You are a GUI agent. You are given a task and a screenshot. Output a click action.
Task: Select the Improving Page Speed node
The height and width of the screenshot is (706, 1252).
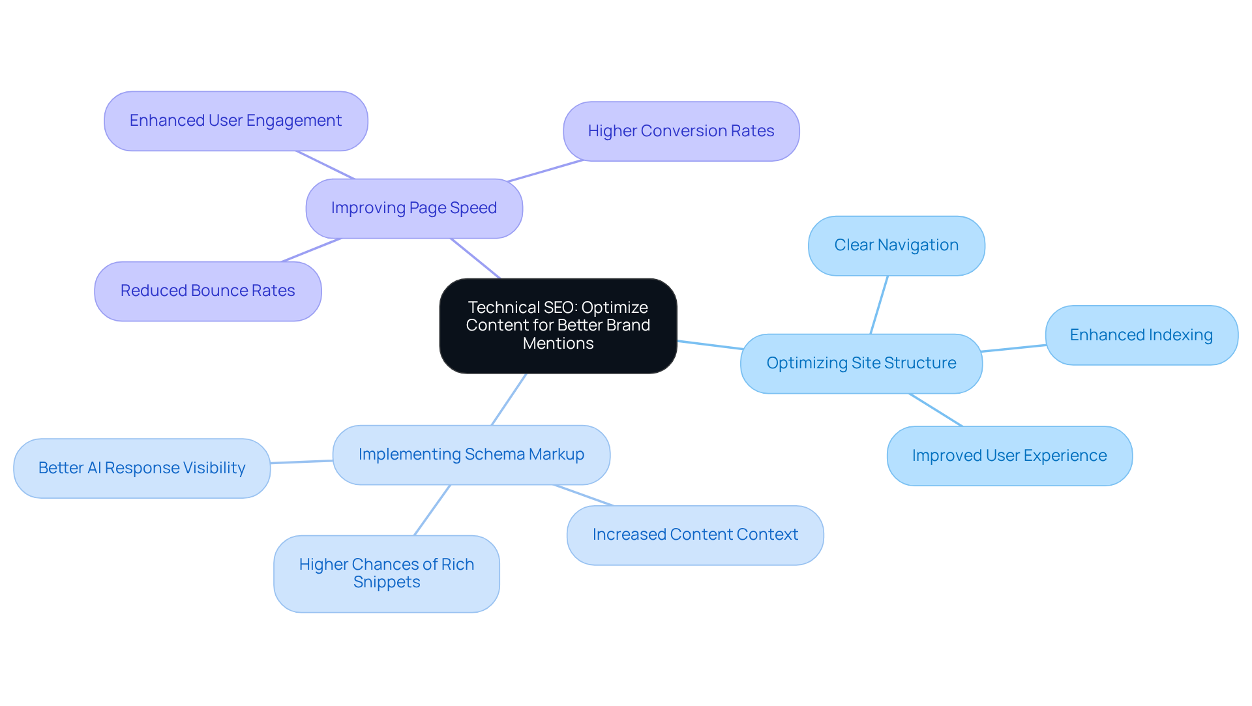tap(414, 209)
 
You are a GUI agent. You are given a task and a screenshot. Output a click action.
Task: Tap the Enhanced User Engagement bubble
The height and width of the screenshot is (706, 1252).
tap(235, 121)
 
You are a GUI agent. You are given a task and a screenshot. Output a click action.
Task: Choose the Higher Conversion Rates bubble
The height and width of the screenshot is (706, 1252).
tap(681, 132)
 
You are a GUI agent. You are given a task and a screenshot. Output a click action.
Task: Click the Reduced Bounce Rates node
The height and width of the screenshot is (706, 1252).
tap(207, 291)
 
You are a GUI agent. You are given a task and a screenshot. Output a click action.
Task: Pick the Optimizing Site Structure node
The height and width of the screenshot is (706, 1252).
tap(861, 364)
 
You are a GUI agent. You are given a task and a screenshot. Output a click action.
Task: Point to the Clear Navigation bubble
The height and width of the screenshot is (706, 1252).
tap(896, 246)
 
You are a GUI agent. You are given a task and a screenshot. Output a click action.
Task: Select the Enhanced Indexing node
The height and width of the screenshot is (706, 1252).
tap(1141, 336)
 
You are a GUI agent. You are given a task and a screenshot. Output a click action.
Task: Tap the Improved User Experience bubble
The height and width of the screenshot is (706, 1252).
tap(1009, 456)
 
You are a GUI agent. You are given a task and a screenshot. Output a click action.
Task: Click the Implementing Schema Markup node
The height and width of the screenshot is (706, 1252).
tap(471, 455)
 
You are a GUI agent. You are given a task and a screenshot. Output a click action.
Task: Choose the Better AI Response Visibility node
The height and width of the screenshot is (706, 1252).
tap(142, 469)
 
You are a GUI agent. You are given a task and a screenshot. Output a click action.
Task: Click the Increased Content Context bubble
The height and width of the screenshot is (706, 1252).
tap(695, 535)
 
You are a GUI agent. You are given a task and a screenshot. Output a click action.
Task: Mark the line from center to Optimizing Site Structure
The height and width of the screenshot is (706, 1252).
tap(709, 345)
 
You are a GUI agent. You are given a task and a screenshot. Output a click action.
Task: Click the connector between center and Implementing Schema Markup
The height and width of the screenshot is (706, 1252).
tap(509, 400)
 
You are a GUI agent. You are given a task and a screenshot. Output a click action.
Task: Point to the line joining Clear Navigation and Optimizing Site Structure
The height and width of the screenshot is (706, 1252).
tap(879, 305)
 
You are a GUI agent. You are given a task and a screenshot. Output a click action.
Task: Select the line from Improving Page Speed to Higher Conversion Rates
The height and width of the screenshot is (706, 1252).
tap(544, 171)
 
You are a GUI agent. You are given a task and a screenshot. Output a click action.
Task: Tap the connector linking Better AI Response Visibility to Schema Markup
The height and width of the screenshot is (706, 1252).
tap(301, 462)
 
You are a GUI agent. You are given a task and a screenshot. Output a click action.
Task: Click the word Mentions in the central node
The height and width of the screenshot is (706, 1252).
tap(558, 344)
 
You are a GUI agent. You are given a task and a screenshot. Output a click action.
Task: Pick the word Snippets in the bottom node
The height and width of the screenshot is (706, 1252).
tap(386, 582)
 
